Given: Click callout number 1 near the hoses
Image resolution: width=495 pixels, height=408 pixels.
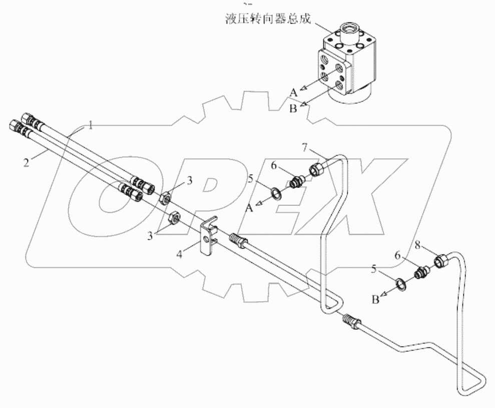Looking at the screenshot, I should point(91,125).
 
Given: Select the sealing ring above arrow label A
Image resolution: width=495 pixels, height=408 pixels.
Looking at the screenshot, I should point(276,192).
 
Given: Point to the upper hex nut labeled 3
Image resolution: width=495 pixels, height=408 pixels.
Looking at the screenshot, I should point(167,198).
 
